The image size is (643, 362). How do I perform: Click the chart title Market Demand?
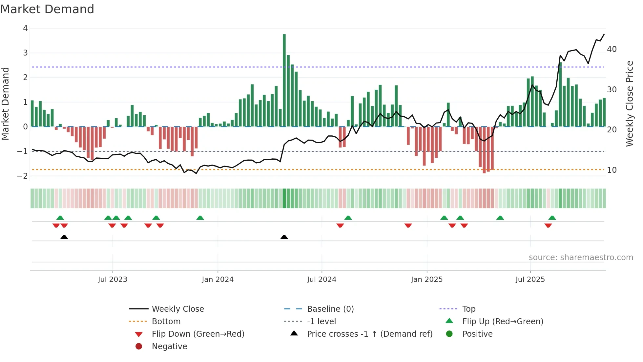(x=47, y=9)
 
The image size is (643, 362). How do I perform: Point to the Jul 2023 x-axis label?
(x=113, y=280)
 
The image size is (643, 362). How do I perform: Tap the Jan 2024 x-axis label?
(x=218, y=280)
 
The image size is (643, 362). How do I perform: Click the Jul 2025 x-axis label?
(x=530, y=280)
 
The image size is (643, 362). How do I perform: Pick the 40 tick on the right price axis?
(x=612, y=49)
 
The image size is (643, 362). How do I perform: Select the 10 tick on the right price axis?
(x=612, y=170)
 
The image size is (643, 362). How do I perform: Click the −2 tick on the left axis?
(x=23, y=176)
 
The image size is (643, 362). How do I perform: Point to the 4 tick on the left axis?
(x=25, y=28)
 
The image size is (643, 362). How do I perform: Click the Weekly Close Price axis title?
(x=629, y=103)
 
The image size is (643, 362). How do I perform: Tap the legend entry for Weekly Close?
(x=177, y=309)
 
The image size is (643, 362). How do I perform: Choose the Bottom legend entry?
(x=166, y=322)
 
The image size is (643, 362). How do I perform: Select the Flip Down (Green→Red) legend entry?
(x=198, y=334)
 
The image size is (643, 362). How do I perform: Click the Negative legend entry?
(x=169, y=347)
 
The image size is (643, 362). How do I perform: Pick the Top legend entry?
(x=468, y=309)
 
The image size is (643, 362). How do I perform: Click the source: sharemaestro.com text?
(x=581, y=258)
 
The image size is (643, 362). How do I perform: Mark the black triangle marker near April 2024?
(x=284, y=237)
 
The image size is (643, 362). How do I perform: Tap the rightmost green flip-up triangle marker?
(x=552, y=218)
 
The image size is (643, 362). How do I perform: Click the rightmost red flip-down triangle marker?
(x=548, y=225)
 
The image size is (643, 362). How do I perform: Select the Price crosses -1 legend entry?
(x=369, y=334)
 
